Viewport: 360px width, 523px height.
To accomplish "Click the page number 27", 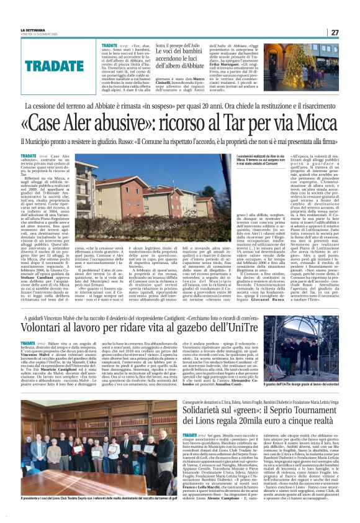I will pos(335,32).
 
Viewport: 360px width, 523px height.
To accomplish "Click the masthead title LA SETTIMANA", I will pos(32,30).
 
